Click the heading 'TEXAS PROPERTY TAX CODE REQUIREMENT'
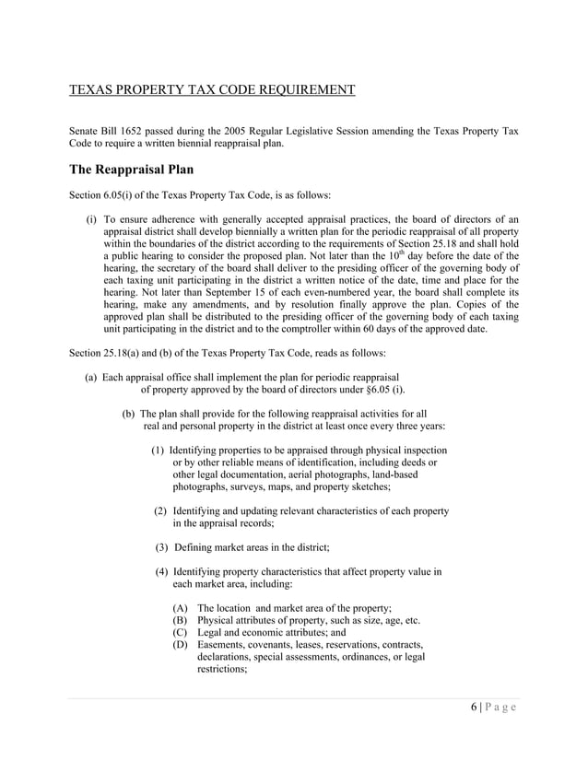click(x=212, y=89)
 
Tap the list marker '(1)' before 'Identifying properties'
click(x=159, y=449)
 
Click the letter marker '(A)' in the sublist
click(x=182, y=607)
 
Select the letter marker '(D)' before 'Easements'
click(x=182, y=644)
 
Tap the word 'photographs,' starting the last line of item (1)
click(x=202, y=486)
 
